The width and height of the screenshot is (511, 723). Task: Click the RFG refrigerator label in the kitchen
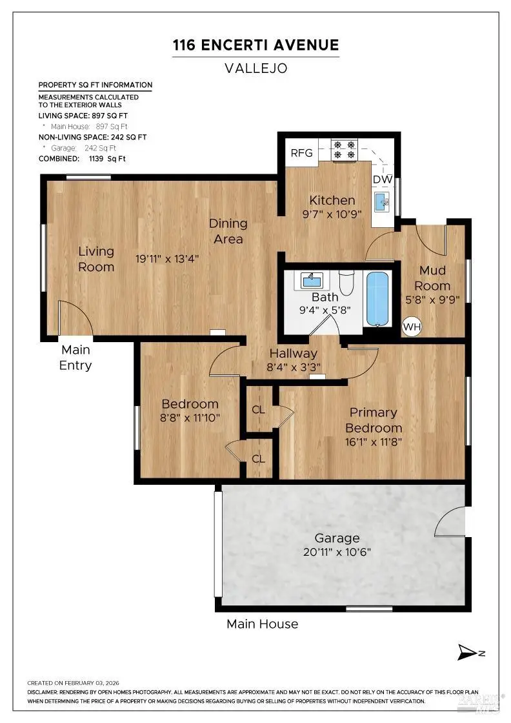pyautogui.click(x=301, y=153)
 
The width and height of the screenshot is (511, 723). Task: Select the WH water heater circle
pyautogui.click(x=412, y=327)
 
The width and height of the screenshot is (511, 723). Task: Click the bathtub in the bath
pyautogui.click(x=378, y=298)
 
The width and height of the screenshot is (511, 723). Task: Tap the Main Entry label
pyautogui.click(x=76, y=358)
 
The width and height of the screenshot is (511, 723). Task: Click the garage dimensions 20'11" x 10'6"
pyautogui.click(x=337, y=553)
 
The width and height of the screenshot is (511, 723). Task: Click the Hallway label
pyautogui.click(x=294, y=353)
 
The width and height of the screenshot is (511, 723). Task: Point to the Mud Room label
pyautogui.click(x=432, y=278)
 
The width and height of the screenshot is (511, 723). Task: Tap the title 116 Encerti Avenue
pyautogui.click(x=255, y=45)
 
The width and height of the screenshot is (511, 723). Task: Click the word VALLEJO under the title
pyautogui.click(x=255, y=67)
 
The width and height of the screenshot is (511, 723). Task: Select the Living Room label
pyautogui.click(x=96, y=259)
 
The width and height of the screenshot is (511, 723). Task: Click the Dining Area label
pyautogui.click(x=228, y=231)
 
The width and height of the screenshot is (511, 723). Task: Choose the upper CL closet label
pyautogui.click(x=259, y=409)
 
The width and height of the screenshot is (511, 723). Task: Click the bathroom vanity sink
pyautogui.click(x=313, y=281)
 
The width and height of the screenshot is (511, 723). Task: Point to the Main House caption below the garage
pyautogui.click(x=262, y=624)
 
